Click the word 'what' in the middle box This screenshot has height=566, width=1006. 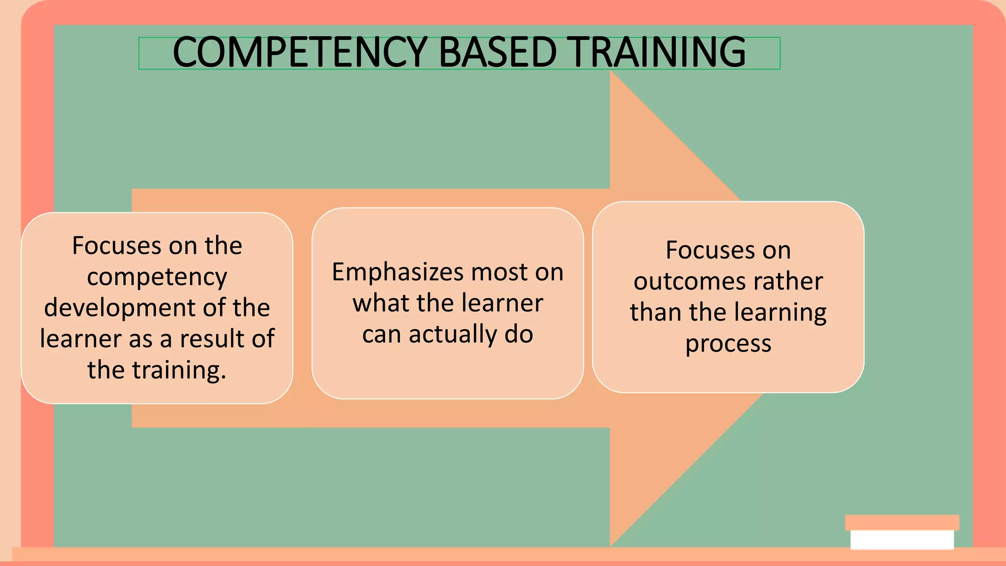click(381, 303)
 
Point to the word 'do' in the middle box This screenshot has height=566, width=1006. click(519, 334)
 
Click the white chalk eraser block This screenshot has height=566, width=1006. click(902, 539)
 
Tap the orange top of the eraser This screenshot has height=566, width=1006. click(902, 522)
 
